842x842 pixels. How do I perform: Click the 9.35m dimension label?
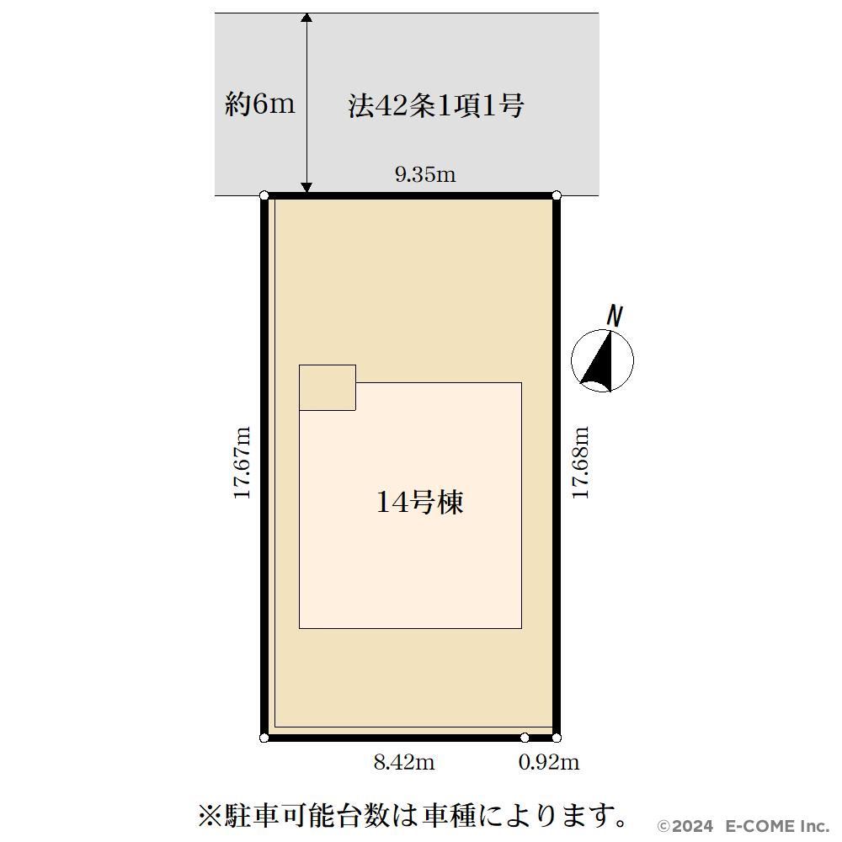click(425, 174)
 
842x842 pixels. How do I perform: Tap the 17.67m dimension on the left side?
click(242, 462)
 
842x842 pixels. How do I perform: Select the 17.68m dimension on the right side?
click(580, 462)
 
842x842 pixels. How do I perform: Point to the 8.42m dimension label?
click(404, 762)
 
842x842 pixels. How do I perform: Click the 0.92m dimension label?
click(549, 762)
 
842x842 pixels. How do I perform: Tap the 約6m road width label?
click(260, 104)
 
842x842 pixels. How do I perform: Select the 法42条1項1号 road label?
click(436, 105)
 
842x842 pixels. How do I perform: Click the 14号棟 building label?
click(420, 503)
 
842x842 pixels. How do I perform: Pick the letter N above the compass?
click(615, 316)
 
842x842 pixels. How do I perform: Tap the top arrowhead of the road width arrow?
click(306, 18)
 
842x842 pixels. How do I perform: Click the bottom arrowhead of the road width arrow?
click(306, 188)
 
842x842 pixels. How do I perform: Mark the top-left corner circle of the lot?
click(264, 195)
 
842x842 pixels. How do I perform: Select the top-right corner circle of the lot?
click(557, 195)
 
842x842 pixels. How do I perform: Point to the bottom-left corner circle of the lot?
click(264, 738)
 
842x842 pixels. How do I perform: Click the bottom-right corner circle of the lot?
click(557, 738)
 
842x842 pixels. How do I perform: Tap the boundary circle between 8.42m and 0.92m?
click(525, 738)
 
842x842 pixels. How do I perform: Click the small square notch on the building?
click(328, 387)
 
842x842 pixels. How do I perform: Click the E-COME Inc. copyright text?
click(778, 825)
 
